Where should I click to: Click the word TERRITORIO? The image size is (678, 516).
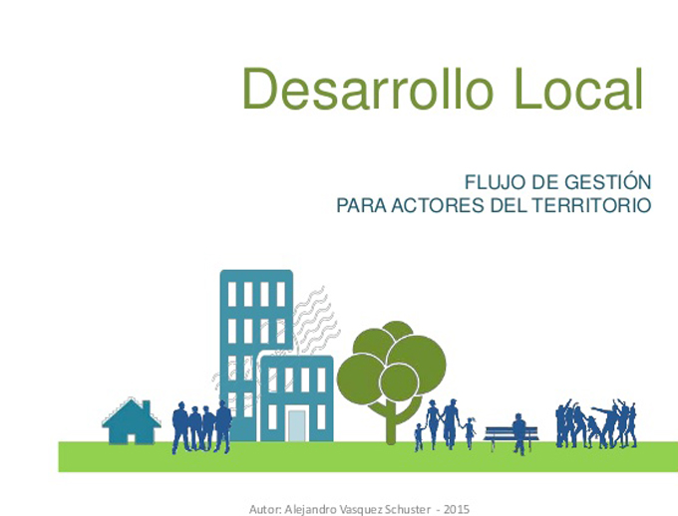tap(591, 205)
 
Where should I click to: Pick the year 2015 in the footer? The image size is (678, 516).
tap(457, 509)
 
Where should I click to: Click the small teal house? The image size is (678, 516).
tap(131, 421)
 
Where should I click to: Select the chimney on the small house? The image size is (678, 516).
tap(147, 406)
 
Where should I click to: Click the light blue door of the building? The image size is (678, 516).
tap(297, 425)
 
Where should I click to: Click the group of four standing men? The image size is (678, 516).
tap(201, 427)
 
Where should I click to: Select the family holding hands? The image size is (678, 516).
tap(445, 424)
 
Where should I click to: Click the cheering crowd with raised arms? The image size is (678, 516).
tap(596, 423)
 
